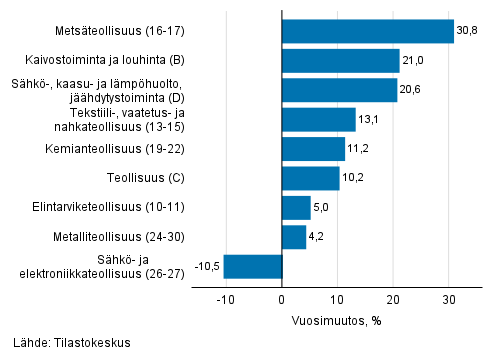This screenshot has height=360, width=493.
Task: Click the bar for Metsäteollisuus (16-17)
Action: pos(367,31)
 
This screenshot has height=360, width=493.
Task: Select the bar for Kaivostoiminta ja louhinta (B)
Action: pos(340,61)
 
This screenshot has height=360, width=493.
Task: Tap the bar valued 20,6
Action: pos(339,90)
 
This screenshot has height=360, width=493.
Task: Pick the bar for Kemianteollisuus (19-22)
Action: pos(313,149)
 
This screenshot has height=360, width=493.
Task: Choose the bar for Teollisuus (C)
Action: pos(310,178)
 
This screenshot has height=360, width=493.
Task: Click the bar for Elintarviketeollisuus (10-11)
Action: pos(296,208)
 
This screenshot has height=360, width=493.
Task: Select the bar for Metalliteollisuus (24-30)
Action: pos(294,237)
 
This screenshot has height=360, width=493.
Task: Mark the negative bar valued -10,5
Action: pos(253,267)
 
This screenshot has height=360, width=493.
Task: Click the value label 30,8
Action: pos(467,31)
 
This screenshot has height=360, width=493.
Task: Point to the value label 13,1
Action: pos(370,120)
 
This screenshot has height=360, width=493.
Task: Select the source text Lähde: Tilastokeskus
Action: pos(65,343)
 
